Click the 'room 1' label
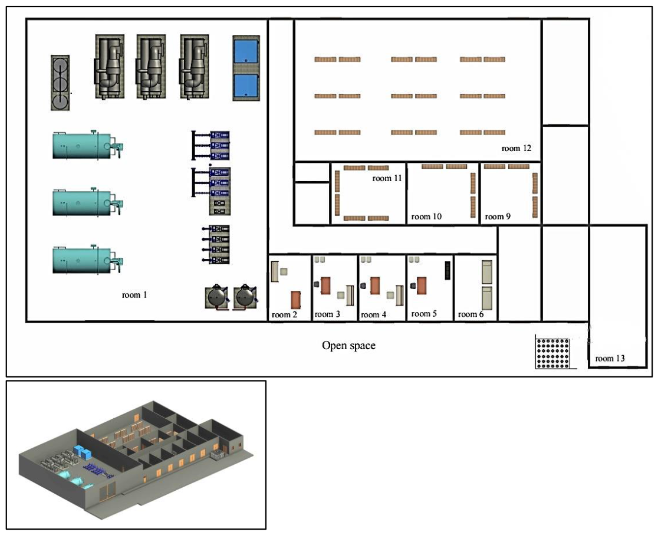134,295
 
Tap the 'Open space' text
348,346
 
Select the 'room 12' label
516,148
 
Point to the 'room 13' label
610,358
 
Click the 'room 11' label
387,179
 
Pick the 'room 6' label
471,314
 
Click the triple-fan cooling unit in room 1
60,83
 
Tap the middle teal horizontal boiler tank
87,202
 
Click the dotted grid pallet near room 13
552,352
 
